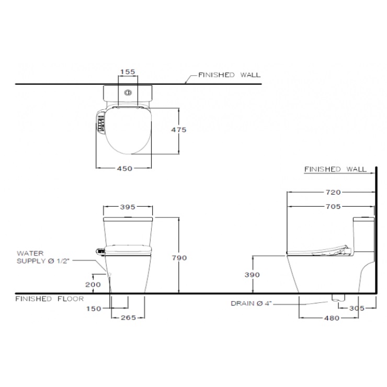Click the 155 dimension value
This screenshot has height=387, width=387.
click(x=128, y=72)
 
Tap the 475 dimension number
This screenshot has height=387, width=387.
click(x=179, y=130)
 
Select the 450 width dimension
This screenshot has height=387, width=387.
click(x=124, y=168)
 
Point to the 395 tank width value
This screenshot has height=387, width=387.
click(x=128, y=207)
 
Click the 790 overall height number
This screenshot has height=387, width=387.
click(x=179, y=258)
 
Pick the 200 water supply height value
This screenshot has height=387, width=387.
click(x=93, y=284)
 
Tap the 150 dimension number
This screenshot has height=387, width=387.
click(x=94, y=309)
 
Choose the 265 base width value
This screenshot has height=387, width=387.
click(x=128, y=317)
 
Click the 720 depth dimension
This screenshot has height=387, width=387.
click(x=333, y=192)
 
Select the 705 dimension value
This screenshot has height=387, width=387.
click(x=333, y=207)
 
